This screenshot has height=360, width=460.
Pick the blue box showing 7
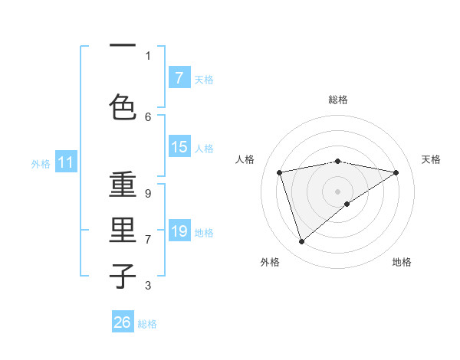(179, 78)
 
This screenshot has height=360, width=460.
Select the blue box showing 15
(179, 148)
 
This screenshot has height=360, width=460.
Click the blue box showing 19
(179, 231)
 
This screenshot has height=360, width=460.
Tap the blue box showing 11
(66, 162)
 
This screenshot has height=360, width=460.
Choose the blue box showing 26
(123, 323)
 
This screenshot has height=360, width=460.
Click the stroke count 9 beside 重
(148, 194)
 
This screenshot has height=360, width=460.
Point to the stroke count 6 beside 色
(148, 116)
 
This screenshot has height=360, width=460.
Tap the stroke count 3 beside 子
(148, 286)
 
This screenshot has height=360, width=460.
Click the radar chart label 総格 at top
(338, 100)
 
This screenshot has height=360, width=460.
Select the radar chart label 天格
(431, 159)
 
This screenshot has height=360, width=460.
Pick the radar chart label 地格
(402, 262)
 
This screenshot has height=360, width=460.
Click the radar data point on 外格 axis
(301, 242)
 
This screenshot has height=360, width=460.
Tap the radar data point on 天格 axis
(396, 172)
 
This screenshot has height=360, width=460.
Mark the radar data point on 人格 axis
(280, 172)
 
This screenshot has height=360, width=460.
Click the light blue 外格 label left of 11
(41, 163)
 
